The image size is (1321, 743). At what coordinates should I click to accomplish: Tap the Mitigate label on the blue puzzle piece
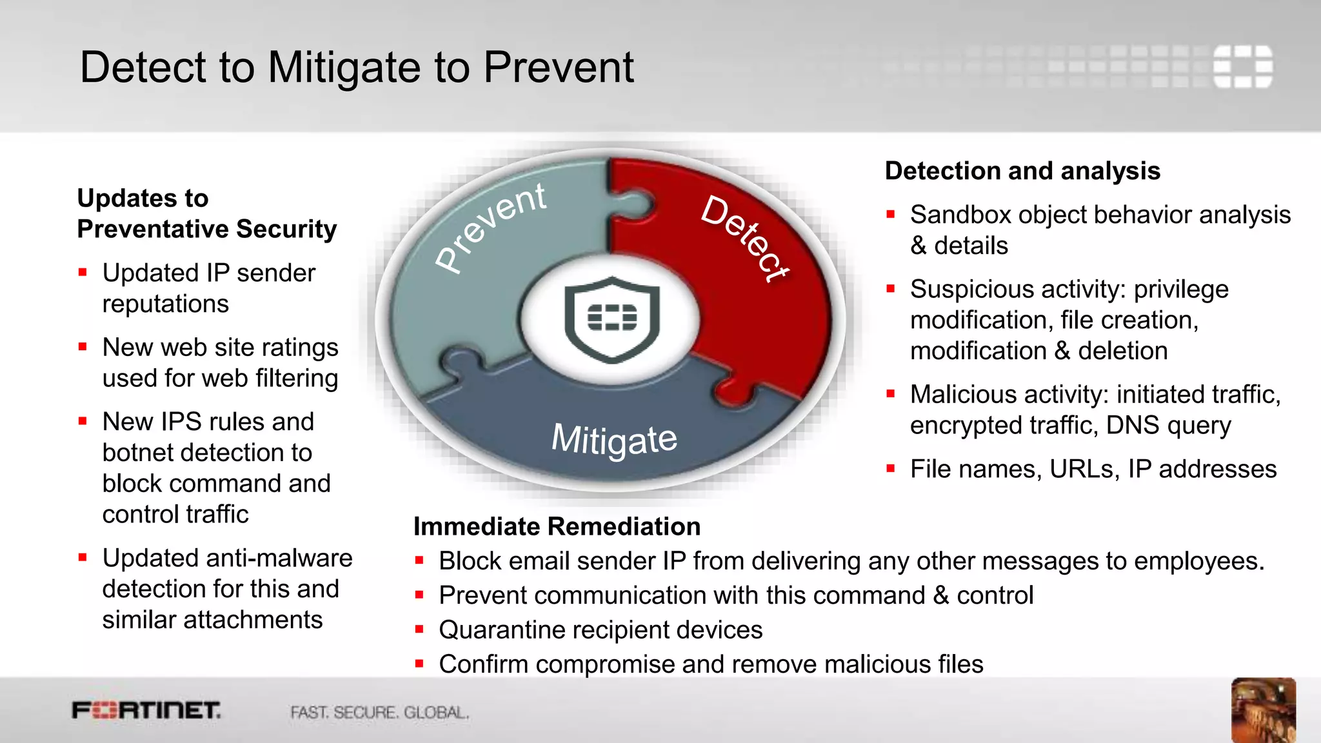614,440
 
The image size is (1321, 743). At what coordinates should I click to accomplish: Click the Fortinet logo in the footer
146,711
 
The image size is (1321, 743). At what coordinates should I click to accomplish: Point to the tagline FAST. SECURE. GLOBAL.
379,713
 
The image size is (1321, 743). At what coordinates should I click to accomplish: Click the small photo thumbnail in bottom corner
1263,709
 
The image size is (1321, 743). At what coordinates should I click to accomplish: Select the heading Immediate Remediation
557,526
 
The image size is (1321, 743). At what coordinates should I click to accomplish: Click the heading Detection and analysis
1022,171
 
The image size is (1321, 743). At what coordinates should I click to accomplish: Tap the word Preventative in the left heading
152,229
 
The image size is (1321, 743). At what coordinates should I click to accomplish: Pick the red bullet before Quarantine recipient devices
419,629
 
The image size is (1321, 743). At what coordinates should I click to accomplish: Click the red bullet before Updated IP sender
83,273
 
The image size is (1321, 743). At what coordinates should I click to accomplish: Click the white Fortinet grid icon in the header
1242,66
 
